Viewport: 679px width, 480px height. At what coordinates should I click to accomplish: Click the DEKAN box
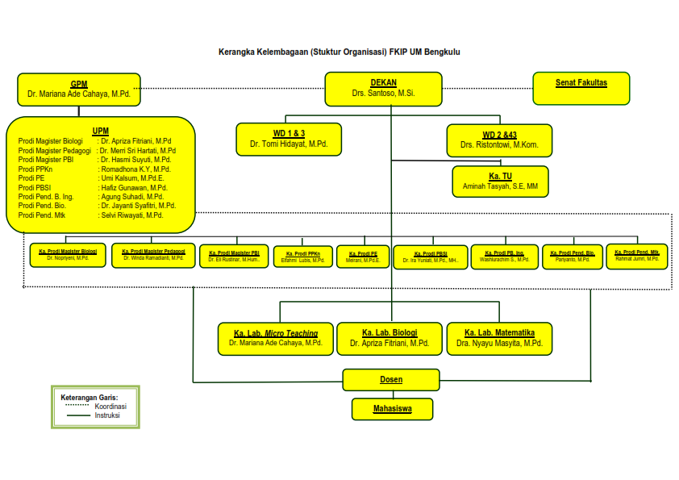click(383, 89)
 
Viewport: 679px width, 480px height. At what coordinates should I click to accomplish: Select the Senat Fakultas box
click(581, 88)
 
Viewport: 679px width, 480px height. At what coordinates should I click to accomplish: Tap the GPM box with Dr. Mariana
click(78, 89)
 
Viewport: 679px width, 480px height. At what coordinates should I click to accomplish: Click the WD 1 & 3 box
click(288, 139)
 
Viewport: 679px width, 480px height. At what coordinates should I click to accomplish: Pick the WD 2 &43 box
click(499, 140)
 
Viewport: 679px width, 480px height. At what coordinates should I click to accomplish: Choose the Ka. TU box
click(500, 181)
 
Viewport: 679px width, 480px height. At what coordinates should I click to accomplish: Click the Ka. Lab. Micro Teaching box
click(275, 338)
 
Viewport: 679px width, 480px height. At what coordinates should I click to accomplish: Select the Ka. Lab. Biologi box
click(389, 338)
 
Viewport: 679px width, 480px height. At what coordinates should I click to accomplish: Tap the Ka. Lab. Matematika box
click(499, 338)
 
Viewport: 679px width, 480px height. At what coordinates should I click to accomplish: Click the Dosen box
click(391, 379)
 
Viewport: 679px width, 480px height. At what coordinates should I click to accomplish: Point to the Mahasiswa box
click(392, 409)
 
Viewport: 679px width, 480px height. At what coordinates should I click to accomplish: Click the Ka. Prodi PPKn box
click(302, 257)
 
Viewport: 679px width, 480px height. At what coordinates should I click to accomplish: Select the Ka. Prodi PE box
click(363, 257)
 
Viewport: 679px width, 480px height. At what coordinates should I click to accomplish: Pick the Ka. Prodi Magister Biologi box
click(68, 255)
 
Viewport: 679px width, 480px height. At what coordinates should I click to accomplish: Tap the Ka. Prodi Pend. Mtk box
click(637, 256)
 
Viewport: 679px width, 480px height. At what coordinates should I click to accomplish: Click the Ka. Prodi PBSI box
click(431, 257)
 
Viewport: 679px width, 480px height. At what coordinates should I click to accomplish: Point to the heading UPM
click(101, 131)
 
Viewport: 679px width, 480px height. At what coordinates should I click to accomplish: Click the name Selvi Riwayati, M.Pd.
click(132, 215)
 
